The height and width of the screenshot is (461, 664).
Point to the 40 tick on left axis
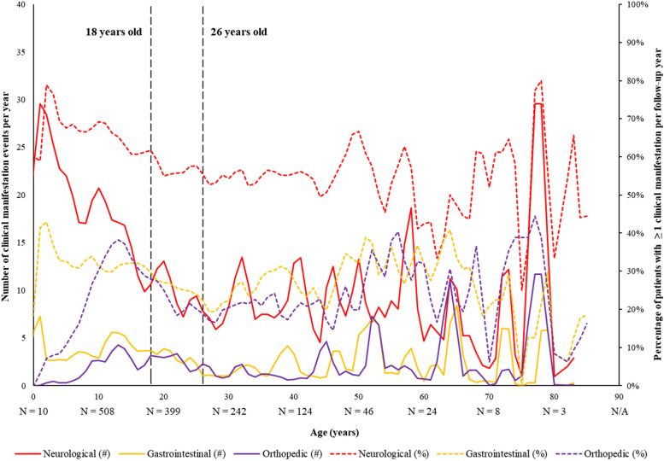(x=21, y=6)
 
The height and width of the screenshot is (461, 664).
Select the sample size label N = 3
(x=555, y=411)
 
